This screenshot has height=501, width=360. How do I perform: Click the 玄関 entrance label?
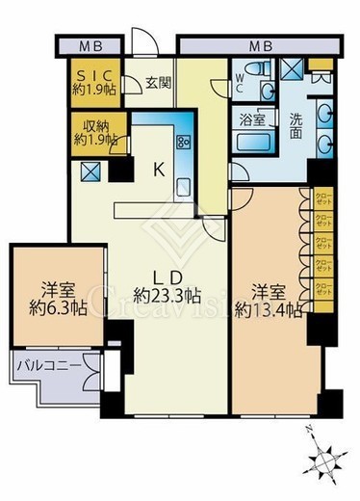pos(159,83)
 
